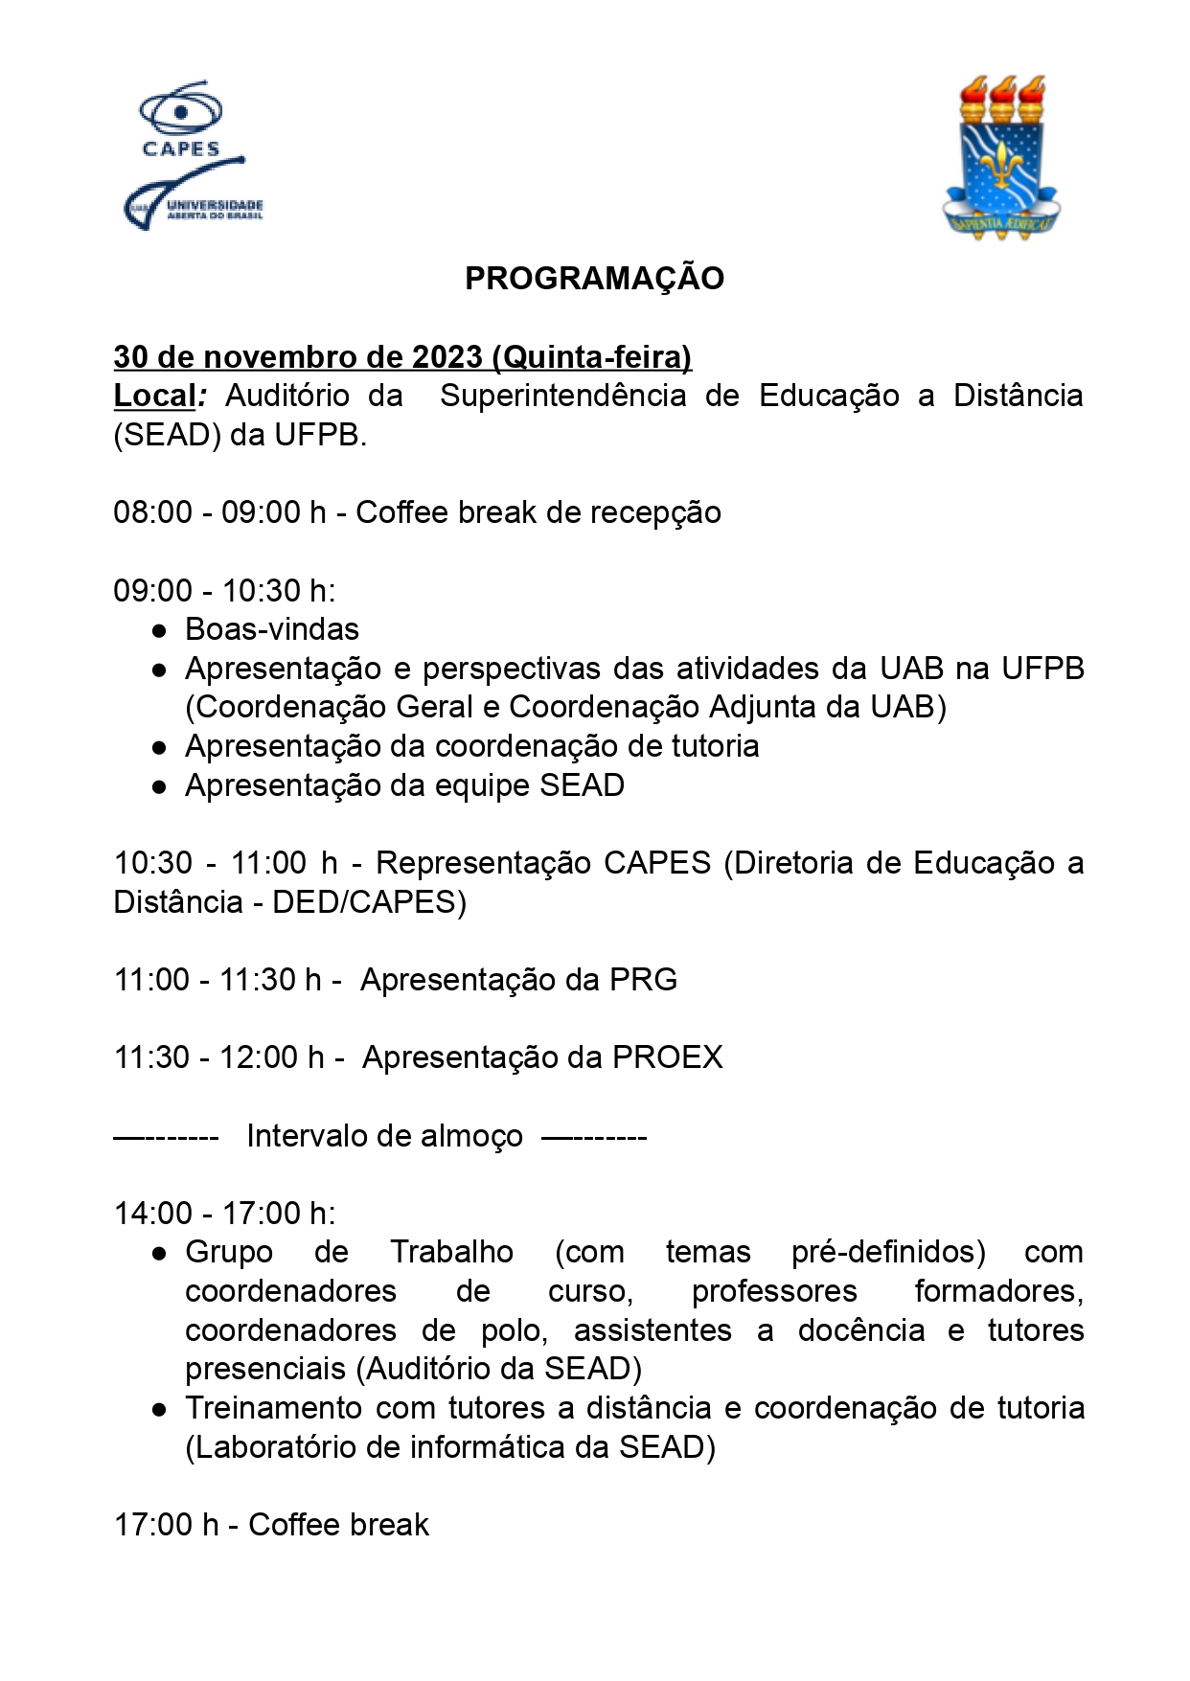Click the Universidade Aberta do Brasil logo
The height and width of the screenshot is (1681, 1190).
193,199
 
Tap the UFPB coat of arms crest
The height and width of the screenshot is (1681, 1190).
1001,157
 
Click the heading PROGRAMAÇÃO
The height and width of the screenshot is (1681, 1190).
594,279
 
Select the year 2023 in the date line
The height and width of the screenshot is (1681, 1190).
446,357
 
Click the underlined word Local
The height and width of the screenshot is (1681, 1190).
154,397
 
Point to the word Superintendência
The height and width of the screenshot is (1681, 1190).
562,397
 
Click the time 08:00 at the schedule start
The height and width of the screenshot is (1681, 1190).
152,513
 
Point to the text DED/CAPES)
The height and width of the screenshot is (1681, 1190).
369,902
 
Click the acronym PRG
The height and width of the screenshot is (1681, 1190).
643,980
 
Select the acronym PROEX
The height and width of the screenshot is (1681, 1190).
667,1057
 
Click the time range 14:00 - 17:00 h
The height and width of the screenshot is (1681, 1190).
224,1214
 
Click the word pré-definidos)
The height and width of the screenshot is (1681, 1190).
887,1253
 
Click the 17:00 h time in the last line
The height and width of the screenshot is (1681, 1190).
166,1525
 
